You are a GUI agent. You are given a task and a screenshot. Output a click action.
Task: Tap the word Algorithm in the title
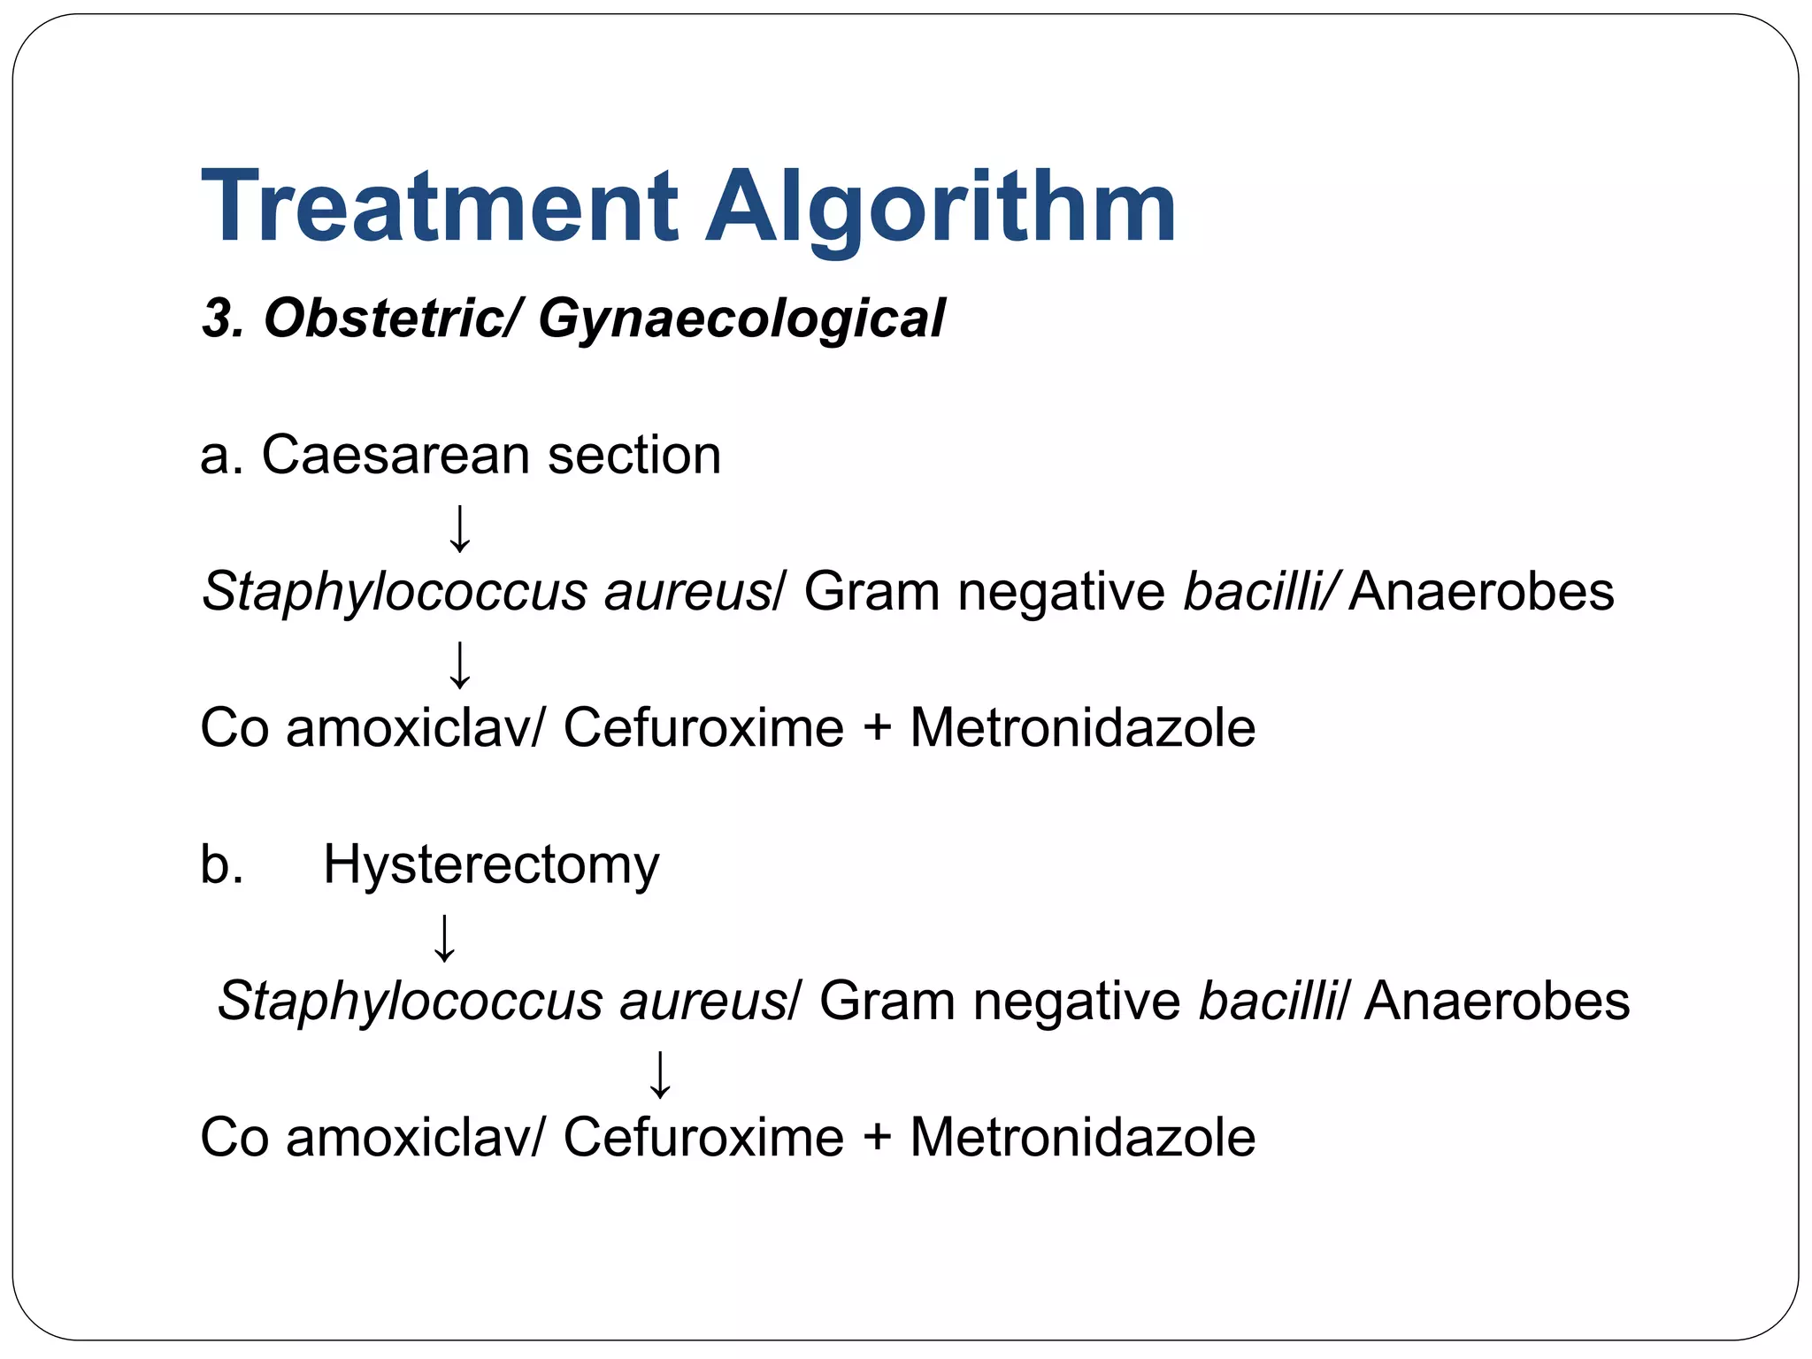[x=941, y=208]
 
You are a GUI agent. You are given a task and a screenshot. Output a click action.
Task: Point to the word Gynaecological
[x=741, y=320]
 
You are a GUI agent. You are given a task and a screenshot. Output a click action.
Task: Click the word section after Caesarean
[x=633, y=456]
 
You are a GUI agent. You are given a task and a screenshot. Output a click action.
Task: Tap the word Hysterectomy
[x=491, y=865]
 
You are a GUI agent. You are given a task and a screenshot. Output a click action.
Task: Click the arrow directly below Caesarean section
[x=460, y=528]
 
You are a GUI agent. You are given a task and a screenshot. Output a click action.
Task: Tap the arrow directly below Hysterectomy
[x=444, y=938]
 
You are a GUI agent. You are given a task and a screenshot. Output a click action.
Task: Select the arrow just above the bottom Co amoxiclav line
[x=660, y=1074]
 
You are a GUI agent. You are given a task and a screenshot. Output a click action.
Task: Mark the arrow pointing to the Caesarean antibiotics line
[x=460, y=664]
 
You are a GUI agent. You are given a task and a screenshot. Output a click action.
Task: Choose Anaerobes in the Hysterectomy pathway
[x=1496, y=1002]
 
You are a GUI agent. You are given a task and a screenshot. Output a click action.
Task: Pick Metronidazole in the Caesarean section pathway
[x=1082, y=728]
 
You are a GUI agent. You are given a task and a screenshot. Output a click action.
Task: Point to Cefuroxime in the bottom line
[x=703, y=1138]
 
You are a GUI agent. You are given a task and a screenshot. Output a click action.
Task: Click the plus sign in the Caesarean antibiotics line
[x=877, y=728]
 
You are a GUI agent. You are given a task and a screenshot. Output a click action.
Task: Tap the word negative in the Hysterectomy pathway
[x=1076, y=1002]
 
